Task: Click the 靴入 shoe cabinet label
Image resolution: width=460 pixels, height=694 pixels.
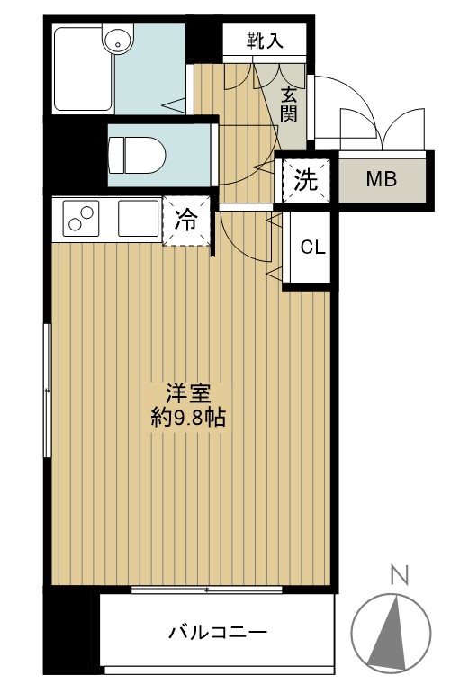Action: coord(265,41)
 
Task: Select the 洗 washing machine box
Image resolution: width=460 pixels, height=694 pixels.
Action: coord(306,180)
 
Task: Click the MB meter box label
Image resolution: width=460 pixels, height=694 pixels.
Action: coord(381,179)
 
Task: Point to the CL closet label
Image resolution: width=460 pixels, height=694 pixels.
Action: coord(312,248)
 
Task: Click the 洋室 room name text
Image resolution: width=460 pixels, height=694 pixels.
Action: coord(187,394)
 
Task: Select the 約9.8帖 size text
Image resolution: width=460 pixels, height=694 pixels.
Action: coord(188,418)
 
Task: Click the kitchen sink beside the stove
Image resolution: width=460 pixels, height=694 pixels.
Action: coord(137,219)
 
